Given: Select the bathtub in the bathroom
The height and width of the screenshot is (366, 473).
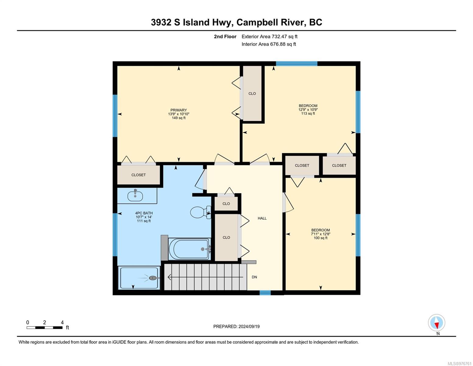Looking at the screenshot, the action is pyautogui.click(x=189, y=249).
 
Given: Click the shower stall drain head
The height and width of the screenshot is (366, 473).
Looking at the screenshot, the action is pyautogui.click(x=153, y=278).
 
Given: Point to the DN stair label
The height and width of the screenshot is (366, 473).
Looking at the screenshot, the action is pyautogui.click(x=254, y=277).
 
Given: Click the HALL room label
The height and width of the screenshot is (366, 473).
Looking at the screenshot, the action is pyautogui.click(x=262, y=218).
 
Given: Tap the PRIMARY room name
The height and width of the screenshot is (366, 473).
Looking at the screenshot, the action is pyautogui.click(x=178, y=110).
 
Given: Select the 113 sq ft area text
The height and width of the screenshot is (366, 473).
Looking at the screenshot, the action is pyautogui.click(x=308, y=113).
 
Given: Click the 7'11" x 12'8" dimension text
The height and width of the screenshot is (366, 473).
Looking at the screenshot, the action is pyautogui.click(x=321, y=234).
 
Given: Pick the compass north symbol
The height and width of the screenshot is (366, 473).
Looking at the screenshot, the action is pyautogui.click(x=436, y=323).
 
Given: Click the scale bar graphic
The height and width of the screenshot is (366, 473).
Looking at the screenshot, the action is pyautogui.click(x=45, y=327).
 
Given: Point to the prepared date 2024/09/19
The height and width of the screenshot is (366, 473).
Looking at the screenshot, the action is pyautogui.click(x=249, y=327).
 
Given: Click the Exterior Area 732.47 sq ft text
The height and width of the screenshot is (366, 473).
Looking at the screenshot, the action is pyautogui.click(x=270, y=37).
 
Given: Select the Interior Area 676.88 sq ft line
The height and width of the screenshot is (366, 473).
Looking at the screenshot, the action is pyautogui.click(x=269, y=44).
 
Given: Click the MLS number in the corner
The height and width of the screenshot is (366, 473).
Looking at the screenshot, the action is pyautogui.click(x=459, y=364).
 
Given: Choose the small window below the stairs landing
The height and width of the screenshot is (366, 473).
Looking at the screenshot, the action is pyautogui.click(x=265, y=293).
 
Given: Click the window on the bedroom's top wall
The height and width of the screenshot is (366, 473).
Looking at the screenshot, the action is pyautogui.click(x=297, y=63).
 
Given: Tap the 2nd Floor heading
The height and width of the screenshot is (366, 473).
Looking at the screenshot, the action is pyautogui.click(x=225, y=37).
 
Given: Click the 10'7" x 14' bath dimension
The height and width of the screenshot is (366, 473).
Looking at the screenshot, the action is pyautogui.click(x=144, y=217).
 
